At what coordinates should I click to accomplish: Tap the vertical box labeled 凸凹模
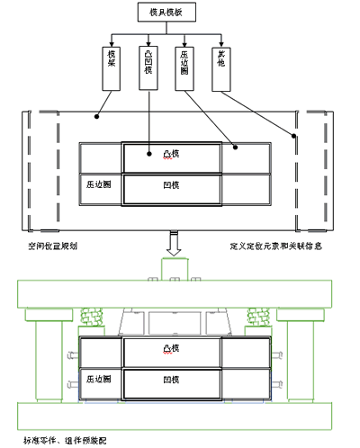coord(148,67)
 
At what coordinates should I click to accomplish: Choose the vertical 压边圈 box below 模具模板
coord(184,67)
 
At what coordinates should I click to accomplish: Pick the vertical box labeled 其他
coord(220,67)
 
